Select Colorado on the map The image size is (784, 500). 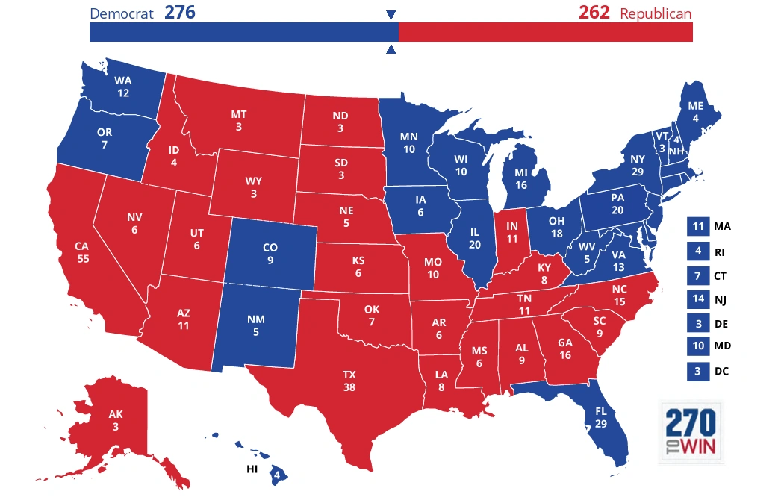tap(269, 254)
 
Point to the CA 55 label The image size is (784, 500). tap(82, 251)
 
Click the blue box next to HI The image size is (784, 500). tap(276, 473)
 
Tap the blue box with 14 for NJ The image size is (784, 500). tap(697, 299)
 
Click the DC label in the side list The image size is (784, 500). tap(721, 371)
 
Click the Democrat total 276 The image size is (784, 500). tap(180, 13)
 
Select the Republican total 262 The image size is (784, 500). tap(594, 13)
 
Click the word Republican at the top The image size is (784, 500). tap(655, 13)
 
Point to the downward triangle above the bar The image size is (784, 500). tap(391, 15)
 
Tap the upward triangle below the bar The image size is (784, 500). tap(391, 50)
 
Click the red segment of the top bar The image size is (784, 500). tap(545, 32)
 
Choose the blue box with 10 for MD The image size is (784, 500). tap(697, 346)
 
